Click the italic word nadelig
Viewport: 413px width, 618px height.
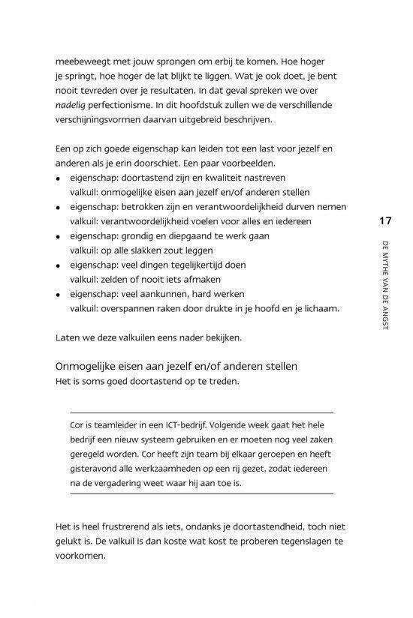coord(72,104)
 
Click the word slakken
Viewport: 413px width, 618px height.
coord(147,250)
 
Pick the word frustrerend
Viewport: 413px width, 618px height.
coord(126,526)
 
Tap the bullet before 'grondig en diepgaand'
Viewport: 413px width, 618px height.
coord(59,236)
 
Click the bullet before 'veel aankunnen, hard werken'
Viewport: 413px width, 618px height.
coord(59,294)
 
